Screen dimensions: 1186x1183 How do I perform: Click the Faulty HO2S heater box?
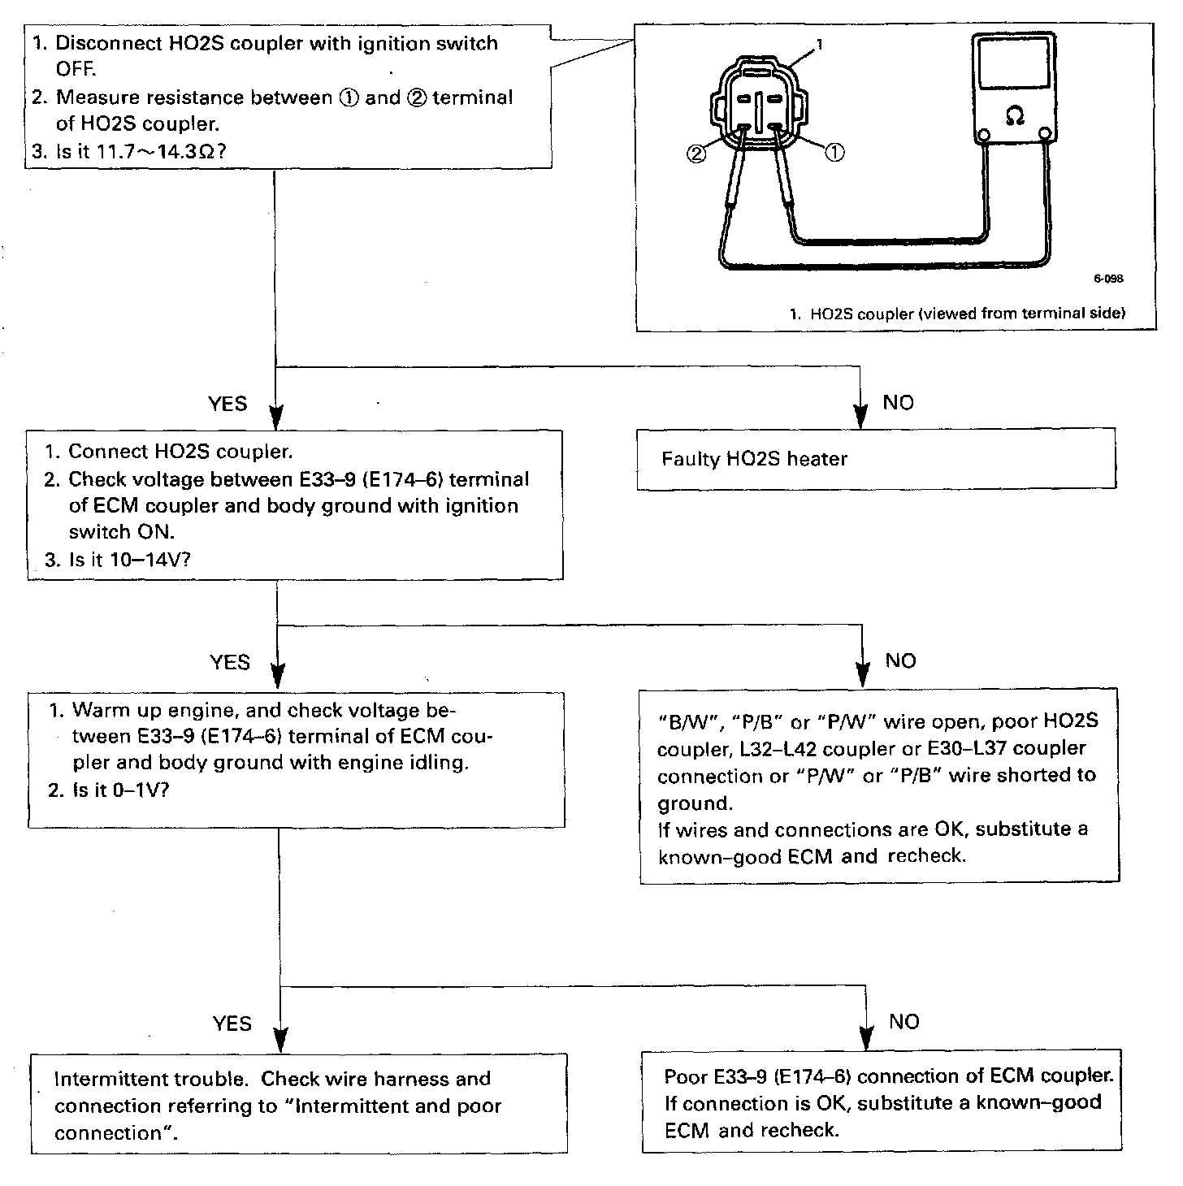click(875, 459)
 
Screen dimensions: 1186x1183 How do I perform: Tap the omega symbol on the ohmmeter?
click(1014, 117)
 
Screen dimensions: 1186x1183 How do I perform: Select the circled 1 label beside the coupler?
click(834, 152)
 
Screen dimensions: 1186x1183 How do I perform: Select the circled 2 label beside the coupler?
click(697, 154)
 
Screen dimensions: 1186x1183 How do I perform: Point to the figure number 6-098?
click(1108, 279)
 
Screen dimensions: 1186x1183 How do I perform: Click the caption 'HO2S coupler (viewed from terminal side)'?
click(967, 314)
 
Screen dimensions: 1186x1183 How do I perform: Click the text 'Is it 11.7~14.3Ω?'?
click(139, 152)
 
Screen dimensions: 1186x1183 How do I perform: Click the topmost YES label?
click(227, 404)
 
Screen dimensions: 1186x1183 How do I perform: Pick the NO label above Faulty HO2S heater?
click(898, 403)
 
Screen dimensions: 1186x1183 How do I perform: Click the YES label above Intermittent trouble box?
click(232, 1024)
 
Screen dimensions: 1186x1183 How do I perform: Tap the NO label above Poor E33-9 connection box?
click(903, 1022)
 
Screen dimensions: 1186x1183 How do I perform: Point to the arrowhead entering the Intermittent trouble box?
click(279, 1039)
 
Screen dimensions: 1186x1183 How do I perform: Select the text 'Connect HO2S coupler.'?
click(180, 452)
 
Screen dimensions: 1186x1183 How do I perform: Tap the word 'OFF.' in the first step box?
click(76, 69)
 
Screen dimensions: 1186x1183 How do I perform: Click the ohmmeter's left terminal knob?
click(983, 135)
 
